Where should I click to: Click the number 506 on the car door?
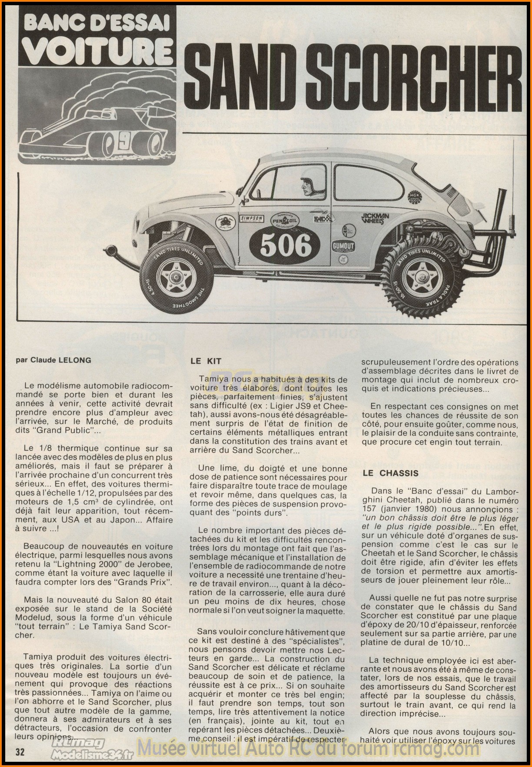coord(286,246)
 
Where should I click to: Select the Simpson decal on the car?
coord(252,221)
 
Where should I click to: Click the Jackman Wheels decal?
coord(375,219)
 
